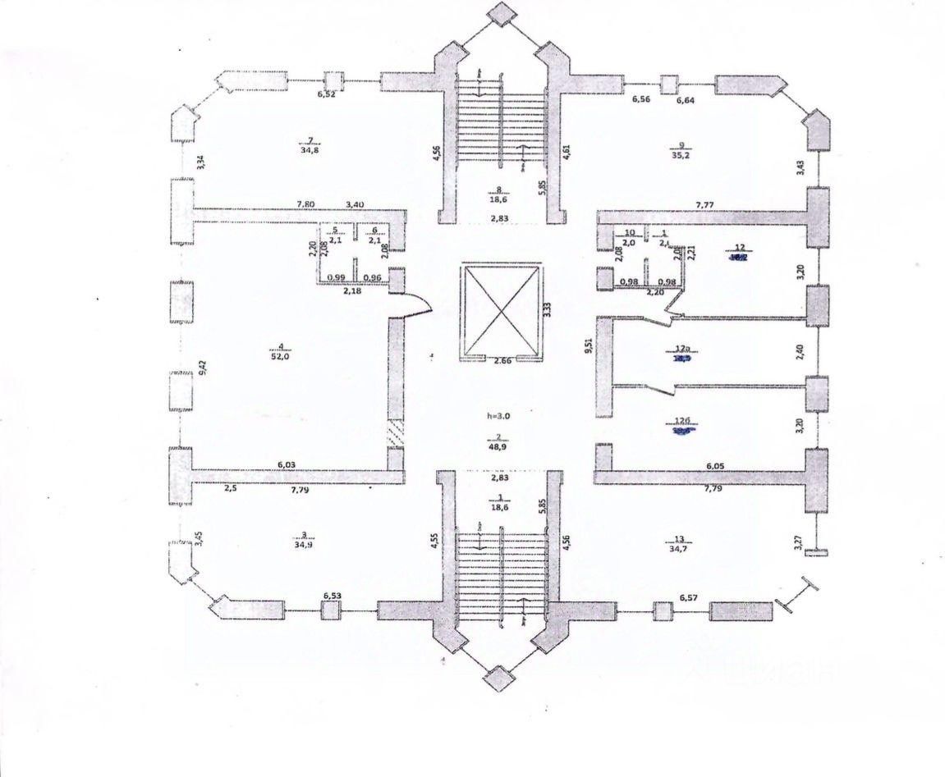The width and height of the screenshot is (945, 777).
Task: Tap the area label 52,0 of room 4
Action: coord(281,356)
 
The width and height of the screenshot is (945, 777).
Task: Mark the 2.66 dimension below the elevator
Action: coord(502,360)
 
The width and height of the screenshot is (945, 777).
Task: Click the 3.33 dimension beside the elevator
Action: coord(548,309)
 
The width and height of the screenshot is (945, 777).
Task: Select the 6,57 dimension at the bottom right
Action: coord(689,598)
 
